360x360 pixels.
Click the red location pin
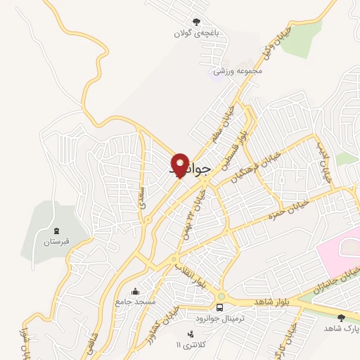pos(179,165)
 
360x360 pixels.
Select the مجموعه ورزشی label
pos(238,70)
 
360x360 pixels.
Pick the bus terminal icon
pos(221,307)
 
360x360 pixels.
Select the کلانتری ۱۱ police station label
pos(188,345)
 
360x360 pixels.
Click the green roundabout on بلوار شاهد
pos(222,297)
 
